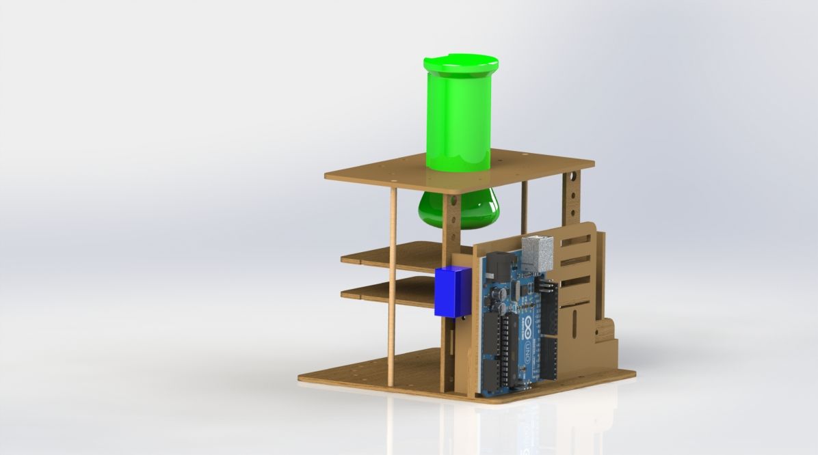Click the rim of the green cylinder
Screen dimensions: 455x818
460,65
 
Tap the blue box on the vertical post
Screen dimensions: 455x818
452,292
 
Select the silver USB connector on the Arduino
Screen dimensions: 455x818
537,253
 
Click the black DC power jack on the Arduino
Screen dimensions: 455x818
499,266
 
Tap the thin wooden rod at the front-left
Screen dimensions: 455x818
393,287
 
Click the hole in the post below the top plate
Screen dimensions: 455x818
451,202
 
